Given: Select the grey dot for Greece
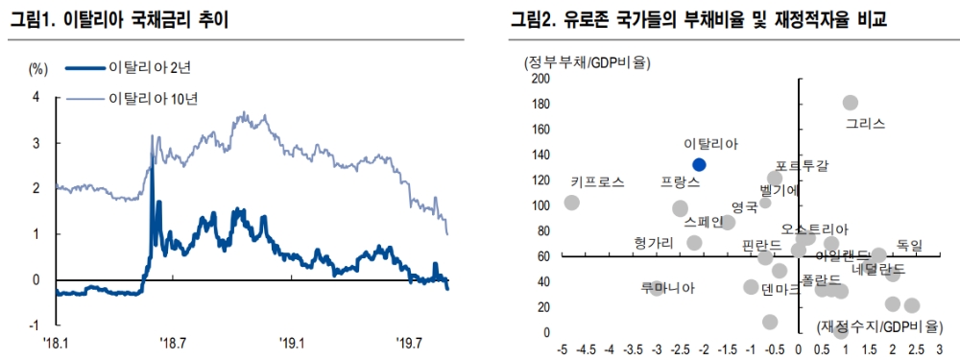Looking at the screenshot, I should pos(850,103).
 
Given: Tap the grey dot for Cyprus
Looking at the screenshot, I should pos(571,203).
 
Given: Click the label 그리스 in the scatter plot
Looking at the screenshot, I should pos(865,124).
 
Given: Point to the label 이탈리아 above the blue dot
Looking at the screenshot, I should pos(711,144).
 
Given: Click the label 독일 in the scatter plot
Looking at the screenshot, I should pos(909,246).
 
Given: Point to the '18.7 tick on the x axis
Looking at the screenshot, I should pos(172,342).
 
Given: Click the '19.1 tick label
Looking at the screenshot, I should pos(292,342).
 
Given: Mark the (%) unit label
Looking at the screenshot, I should pos(38,68).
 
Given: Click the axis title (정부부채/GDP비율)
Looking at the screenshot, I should pos(587,63).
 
